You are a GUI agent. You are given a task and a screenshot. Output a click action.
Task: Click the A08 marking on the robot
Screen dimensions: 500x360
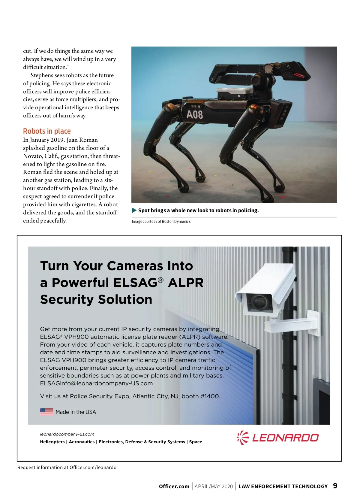[x=195, y=114]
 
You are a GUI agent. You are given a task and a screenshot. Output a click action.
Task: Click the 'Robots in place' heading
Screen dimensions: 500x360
[x=47, y=131]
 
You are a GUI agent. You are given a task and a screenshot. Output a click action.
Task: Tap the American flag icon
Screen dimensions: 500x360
[x=46, y=412]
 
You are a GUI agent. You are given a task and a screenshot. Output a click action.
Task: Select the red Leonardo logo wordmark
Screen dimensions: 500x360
[x=285, y=438]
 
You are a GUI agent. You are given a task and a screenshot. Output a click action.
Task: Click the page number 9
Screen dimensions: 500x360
[x=335, y=486]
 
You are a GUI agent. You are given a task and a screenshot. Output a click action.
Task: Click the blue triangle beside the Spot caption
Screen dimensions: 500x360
[x=134, y=211]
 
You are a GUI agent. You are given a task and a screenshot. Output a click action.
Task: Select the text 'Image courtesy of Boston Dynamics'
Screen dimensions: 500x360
[x=161, y=222]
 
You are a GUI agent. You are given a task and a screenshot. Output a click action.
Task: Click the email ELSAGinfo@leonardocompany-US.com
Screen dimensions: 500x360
[x=96, y=383]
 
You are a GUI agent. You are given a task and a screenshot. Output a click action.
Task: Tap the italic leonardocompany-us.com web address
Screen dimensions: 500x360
[x=67, y=434]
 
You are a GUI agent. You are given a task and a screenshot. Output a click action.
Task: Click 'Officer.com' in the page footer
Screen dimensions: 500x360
[x=174, y=486]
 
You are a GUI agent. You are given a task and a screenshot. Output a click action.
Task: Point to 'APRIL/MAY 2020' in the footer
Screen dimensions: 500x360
[x=214, y=486]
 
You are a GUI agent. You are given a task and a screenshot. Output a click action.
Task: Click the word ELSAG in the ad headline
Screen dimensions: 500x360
[x=135, y=283]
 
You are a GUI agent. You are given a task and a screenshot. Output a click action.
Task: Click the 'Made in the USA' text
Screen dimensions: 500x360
[x=76, y=412]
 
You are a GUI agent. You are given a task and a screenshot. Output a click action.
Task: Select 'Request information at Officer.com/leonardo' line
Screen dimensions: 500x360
[x=67, y=468]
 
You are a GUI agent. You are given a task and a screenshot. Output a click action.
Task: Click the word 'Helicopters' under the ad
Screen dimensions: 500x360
[x=52, y=442]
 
